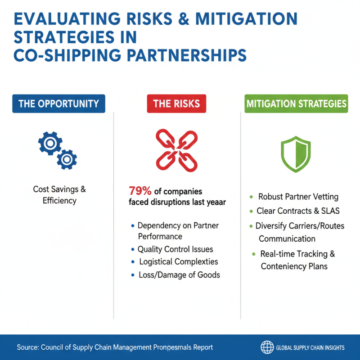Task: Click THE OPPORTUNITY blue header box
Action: point(58,103)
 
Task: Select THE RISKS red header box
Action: point(176,103)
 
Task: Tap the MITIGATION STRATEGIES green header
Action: point(297,103)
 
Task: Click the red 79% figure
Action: point(139,190)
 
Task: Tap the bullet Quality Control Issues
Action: point(175,249)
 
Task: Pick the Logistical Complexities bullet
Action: point(178,261)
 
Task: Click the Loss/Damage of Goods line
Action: point(179,274)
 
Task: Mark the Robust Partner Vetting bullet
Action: point(298,197)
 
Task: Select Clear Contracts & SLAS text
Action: point(297,211)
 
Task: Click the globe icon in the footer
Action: point(267,347)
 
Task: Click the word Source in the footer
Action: point(27,347)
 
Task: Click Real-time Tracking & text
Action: point(297,254)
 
